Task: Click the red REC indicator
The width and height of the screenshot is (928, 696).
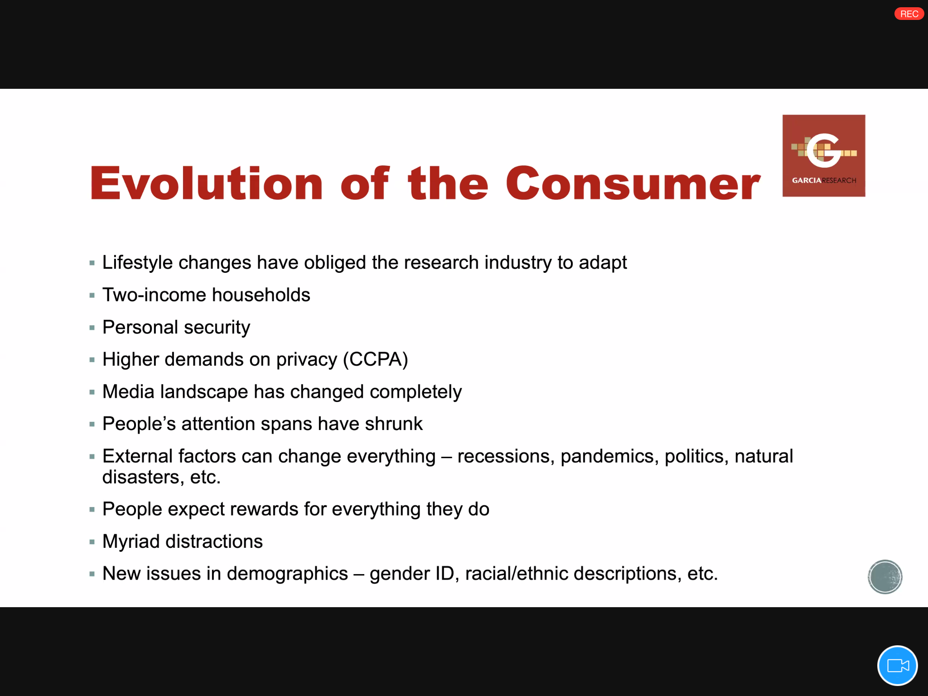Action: point(909,14)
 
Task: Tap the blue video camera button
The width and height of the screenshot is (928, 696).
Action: point(897,665)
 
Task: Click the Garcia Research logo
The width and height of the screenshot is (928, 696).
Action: point(824,155)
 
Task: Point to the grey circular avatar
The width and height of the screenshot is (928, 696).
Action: point(885,577)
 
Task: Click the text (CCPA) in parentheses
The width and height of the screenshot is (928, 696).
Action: point(376,359)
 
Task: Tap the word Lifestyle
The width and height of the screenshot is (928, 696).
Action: point(138,263)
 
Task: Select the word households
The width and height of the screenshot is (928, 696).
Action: point(261,295)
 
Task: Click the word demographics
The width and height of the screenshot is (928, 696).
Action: point(287,574)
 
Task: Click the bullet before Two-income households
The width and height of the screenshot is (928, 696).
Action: point(92,295)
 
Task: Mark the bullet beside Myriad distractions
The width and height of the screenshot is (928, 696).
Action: point(92,542)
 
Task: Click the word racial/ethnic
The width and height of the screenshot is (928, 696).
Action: point(517,574)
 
